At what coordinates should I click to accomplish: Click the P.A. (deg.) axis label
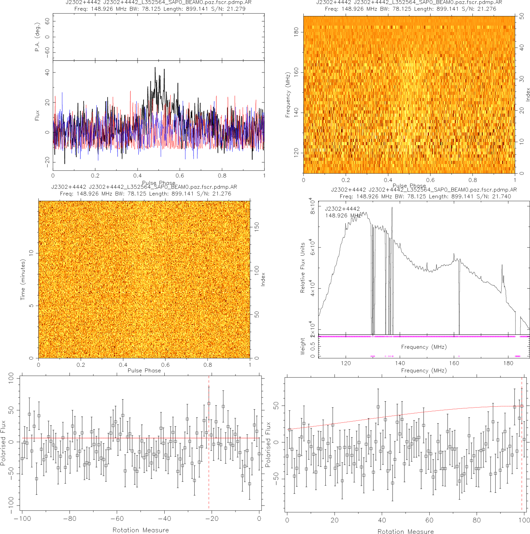pos(37,37)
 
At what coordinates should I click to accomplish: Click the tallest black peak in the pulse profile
pos(155,68)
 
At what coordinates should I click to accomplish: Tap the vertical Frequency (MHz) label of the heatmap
pos(287,95)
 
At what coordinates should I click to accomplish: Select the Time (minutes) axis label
pos(23,280)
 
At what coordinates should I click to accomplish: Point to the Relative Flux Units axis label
pos(303,268)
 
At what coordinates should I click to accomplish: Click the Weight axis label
pos(303,346)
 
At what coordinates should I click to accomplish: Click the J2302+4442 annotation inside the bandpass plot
pos(342,209)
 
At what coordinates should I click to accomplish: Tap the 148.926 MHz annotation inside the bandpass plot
pos(343,216)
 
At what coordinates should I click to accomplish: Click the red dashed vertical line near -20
pos(209,460)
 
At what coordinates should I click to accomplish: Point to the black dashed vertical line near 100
pos(522,460)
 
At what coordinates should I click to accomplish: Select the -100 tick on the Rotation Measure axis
pos(22,519)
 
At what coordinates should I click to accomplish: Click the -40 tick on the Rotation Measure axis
pos(164,519)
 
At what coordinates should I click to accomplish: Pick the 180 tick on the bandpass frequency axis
pos(508,363)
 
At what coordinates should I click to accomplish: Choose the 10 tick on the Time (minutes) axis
pos(31,253)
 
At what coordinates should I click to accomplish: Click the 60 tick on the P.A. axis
pos(48,22)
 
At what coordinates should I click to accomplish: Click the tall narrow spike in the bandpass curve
pos(392,208)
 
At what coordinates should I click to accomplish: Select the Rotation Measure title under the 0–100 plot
pos(405,531)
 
